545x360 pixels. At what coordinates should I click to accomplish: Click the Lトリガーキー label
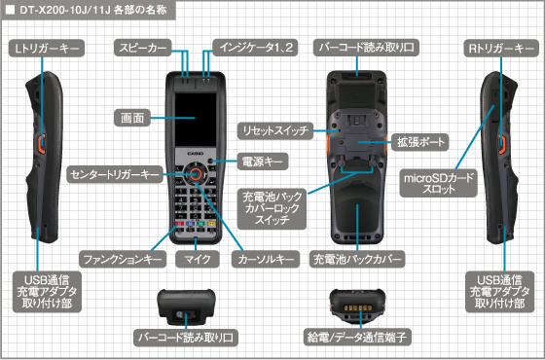(x=46, y=46)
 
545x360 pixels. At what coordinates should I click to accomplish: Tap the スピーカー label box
(x=143, y=46)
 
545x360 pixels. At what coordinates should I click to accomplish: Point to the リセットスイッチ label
(x=274, y=129)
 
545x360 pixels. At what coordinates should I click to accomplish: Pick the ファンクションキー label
(x=120, y=260)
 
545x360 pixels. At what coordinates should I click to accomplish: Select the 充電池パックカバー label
(x=357, y=260)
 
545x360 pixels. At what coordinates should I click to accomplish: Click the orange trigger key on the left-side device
(x=42, y=147)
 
